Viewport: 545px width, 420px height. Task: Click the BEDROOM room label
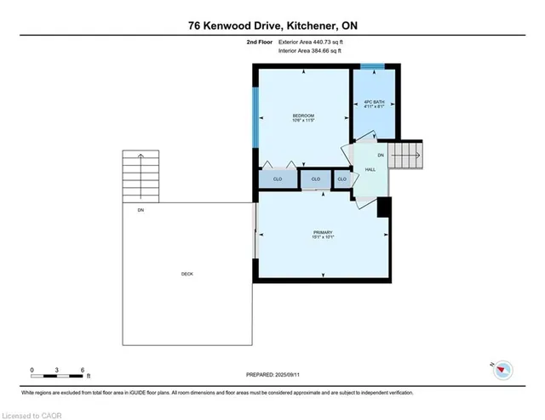coord(304,117)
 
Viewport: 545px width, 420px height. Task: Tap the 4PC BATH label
coord(375,104)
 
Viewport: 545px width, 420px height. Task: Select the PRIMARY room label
coord(322,234)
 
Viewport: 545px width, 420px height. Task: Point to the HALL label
coord(370,170)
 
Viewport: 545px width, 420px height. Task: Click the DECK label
coord(186,274)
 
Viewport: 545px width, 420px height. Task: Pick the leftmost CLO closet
coord(278,179)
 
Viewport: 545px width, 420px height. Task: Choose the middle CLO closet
coord(315,179)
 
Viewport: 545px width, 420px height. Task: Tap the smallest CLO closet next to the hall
coord(342,179)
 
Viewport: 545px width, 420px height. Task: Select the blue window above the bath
coord(372,66)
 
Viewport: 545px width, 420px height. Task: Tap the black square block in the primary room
coord(383,207)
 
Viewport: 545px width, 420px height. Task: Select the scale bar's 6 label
coord(83,370)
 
